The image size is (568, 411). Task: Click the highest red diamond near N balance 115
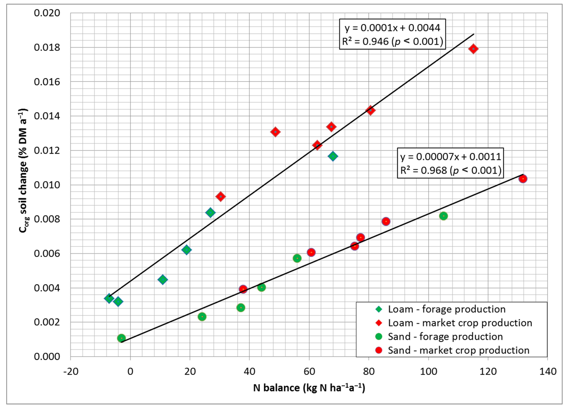473,49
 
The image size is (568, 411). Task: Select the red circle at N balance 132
523,179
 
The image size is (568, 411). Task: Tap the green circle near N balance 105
443,216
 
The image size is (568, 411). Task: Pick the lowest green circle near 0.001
121,338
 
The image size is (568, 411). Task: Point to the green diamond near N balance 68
333,156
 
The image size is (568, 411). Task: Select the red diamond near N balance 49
275,132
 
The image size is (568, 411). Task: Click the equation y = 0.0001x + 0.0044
392,28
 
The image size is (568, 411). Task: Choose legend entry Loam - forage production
446,309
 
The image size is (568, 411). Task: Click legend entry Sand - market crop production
459,350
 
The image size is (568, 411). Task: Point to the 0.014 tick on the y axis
47,116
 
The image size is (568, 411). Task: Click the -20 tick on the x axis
71,371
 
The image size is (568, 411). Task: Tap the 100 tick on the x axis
429,371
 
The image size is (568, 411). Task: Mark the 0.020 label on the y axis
47,13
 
